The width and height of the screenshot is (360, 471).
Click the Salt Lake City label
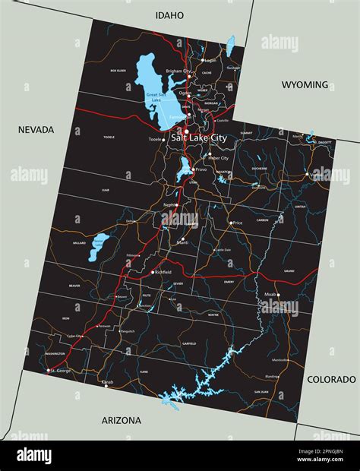[x=199, y=138]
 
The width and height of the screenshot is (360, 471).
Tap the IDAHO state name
[x=169, y=15]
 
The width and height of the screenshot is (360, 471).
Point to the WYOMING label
[x=305, y=85]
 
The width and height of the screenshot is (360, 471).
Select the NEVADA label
[x=36, y=130]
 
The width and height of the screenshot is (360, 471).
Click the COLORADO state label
[x=331, y=379]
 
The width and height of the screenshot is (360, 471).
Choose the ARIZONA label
[x=122, y=420]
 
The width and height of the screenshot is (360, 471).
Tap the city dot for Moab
[x=278, y=295]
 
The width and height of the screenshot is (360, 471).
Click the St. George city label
[x=62, y=371]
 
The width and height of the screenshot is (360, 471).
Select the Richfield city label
[x=163, y=272]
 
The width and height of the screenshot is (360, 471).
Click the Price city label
[x=238, y=223]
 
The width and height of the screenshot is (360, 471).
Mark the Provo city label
[x=201, y=169]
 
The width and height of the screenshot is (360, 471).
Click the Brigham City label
[x=177, y=71]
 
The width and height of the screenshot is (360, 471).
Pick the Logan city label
[x=210, y=59]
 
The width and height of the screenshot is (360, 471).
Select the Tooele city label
[x=155, y=140]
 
